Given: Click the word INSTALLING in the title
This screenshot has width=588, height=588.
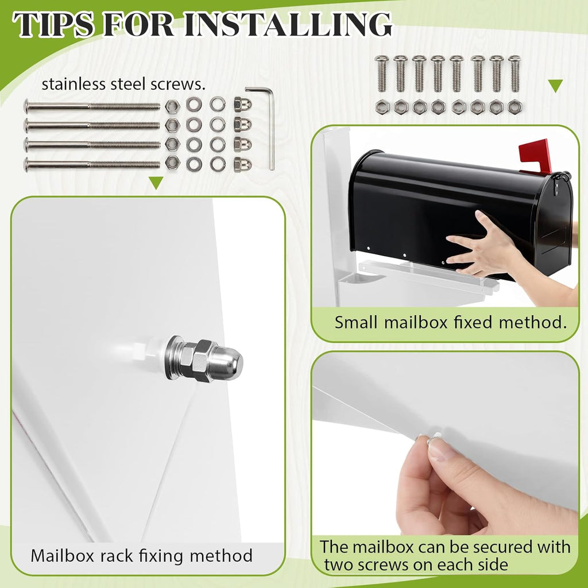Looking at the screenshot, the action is tap(288, 24).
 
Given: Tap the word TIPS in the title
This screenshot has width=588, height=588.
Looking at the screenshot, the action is tap(53, 24).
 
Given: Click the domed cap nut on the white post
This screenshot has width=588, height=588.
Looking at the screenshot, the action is tap(204, 359).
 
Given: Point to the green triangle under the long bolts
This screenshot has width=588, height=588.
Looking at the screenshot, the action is tap(156, 182).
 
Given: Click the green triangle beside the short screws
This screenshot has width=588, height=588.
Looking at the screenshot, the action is tap(555, 86).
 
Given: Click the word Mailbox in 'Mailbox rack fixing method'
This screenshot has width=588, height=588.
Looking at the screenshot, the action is tap(62, 555).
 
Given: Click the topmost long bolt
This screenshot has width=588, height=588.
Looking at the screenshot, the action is tap(92, 106).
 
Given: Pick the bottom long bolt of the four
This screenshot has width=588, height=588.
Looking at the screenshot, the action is tap(92, 164).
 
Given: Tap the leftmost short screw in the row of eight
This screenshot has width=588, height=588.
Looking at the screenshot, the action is tap(382, 73).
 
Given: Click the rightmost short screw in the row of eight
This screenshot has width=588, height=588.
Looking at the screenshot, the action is tap(514, 73).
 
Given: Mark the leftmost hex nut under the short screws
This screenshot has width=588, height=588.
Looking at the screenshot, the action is tap(382, 107).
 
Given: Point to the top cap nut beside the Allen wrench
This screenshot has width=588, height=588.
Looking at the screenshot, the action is tap(243, 105).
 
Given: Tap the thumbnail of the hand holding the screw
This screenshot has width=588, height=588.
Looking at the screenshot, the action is tap(443, 451).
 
